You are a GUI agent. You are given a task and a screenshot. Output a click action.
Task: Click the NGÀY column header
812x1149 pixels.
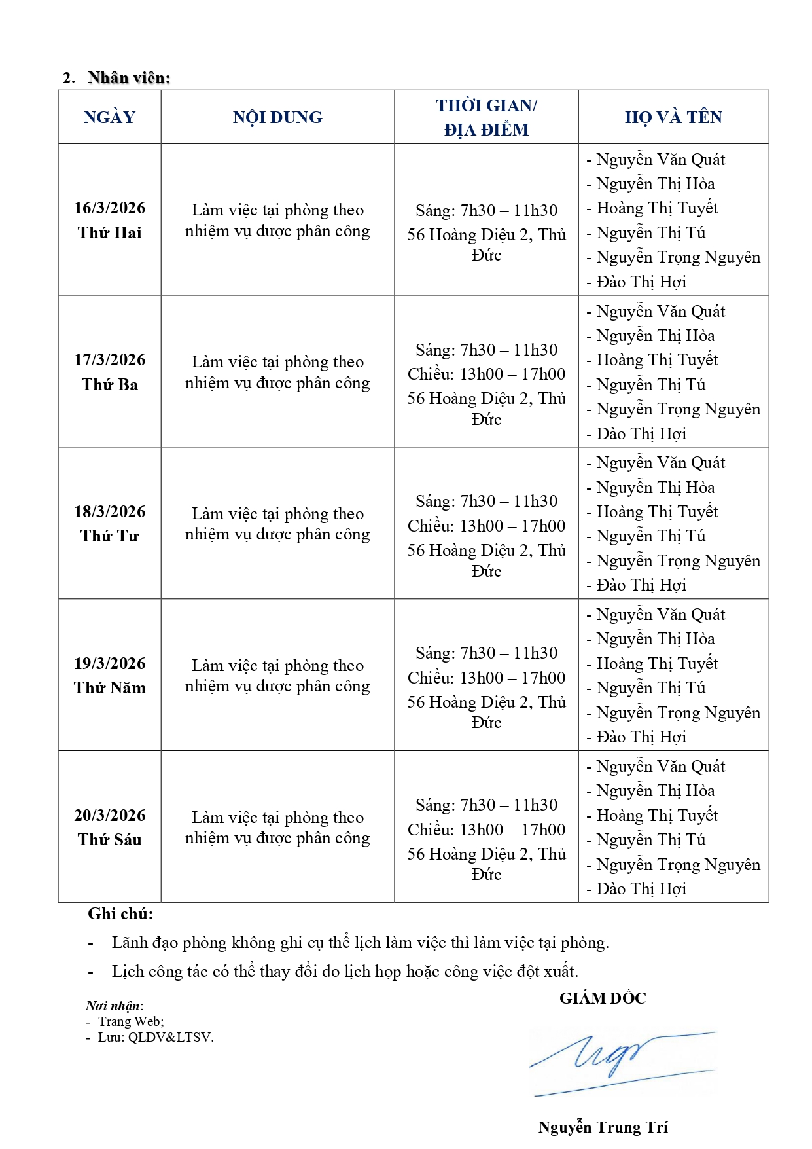(109, 117)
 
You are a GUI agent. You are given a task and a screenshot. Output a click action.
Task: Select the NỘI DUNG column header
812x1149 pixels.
(277, 117)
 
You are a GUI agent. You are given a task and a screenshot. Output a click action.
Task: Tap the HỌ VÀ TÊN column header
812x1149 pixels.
(673, 117)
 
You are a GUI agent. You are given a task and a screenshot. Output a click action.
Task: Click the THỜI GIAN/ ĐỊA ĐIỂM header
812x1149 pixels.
(486, 117)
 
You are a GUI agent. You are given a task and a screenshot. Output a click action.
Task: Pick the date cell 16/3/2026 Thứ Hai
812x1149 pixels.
(109, 220)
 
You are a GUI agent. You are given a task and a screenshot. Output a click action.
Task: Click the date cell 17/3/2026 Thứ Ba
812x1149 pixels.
(109, 372)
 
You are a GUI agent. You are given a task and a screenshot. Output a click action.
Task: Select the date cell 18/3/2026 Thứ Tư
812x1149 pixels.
(109, 524)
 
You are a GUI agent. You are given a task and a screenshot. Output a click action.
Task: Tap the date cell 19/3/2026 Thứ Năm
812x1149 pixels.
(109, 675)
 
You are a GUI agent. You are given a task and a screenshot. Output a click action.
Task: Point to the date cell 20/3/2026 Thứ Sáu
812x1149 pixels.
(109, 827)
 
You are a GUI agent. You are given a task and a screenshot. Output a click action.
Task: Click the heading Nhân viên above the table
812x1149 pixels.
(129, 78)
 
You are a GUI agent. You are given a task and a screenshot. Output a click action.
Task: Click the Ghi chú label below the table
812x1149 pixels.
(120, 914)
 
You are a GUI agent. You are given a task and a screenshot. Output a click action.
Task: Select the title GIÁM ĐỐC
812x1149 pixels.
(603, 998)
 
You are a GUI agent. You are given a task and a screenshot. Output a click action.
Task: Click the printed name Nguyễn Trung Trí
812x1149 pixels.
(603, 1127)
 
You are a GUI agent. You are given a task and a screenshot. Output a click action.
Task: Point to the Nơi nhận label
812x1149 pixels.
(114, 1006)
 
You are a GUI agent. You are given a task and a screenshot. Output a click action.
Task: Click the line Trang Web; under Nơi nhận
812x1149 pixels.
(131, 1021)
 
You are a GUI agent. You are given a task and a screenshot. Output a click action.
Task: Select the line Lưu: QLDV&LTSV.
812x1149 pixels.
(156, 1037)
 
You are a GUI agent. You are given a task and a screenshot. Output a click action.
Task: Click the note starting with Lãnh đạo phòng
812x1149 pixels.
(360, 943)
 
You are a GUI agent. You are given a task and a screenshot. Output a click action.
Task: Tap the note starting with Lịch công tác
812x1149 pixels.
(345, 971)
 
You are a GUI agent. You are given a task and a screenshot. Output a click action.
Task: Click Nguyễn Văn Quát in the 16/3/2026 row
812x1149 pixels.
(660, 160)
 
